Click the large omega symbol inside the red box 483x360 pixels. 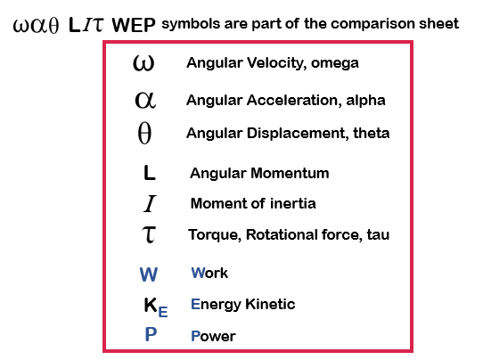[143, 63]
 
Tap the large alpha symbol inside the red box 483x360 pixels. [145, 100]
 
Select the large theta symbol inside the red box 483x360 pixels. [144, 133]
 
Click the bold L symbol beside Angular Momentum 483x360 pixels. [150, 173]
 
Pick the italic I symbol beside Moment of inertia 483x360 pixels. [150, 203]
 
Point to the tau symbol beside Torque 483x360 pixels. [149, 234]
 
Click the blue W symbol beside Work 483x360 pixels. [149, 274]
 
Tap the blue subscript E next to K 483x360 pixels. [163, 312]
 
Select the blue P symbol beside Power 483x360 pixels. [151, 334]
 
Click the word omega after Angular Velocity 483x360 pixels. [335, 63]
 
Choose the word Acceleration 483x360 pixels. [294, 100]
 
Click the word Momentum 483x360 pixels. [290, 173]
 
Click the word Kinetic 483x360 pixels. [270, 304]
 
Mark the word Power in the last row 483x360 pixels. [213, 336]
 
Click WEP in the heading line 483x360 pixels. [134, 25]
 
